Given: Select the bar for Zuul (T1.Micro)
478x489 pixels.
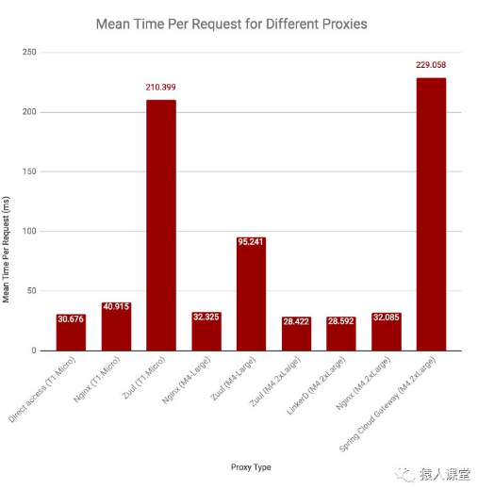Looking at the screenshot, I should point(160,226).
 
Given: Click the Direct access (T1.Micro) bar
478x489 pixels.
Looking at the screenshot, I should point(71,333).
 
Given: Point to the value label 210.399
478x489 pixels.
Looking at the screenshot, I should point(160,87).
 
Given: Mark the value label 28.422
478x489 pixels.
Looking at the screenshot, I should point(296,321).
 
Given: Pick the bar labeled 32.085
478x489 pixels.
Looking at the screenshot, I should point(386,332).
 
